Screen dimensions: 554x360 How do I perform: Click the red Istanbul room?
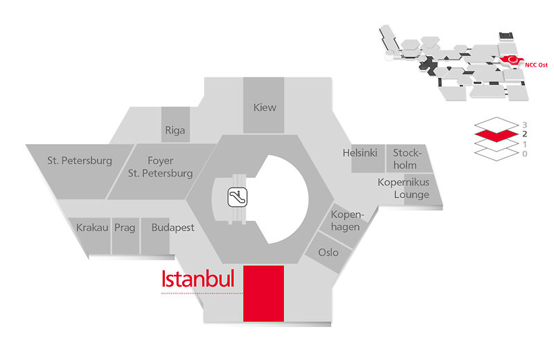264,294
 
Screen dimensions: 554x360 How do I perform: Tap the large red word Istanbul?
198,278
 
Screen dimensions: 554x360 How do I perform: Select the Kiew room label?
265,107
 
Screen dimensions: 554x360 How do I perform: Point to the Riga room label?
175,130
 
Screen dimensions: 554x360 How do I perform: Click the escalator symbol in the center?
238,197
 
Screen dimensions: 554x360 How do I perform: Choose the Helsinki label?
359,153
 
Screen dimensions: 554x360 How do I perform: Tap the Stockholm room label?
407,159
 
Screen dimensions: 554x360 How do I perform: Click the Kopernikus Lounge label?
404,188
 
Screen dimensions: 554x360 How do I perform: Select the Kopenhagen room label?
348,220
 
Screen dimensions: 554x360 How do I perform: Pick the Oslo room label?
328,252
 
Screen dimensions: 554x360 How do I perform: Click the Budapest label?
172,228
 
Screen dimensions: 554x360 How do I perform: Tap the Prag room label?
125,228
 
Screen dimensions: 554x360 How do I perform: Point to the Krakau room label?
92,228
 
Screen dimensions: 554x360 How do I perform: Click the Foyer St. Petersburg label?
161,167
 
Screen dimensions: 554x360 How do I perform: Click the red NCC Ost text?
536,65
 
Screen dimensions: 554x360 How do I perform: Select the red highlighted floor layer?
496,135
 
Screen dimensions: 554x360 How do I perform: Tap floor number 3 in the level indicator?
525,125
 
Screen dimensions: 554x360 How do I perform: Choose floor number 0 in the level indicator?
525,154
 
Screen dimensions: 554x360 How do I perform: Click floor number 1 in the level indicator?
525,144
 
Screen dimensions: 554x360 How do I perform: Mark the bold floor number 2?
525,134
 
